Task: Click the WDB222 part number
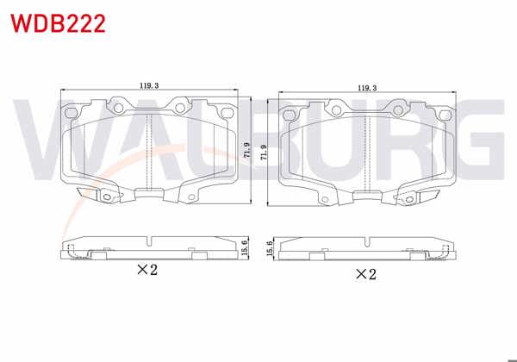(x=58, y=23)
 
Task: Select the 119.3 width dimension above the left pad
(x=149, y=85)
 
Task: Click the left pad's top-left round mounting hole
(x=116, y=109)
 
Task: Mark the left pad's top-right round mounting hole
(x=181, y=109)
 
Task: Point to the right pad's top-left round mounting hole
(x=335, y=109)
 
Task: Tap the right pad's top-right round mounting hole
(x=399, y=109)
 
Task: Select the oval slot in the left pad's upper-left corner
(x=74, y=110)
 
